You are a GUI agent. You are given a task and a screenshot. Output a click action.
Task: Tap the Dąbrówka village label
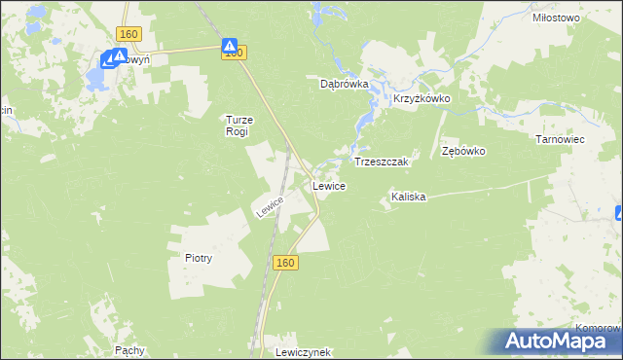click(x=345, y=84)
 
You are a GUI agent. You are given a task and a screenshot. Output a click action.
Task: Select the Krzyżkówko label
click(x=421, y=99)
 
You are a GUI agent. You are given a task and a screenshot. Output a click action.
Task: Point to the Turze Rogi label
click(x=238, y=125)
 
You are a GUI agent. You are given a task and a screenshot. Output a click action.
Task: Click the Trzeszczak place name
click(x=385, y=161)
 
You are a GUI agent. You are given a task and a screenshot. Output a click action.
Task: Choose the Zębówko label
click(x=463, y=152)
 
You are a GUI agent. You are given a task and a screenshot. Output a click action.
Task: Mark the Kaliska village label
click(x=409, y=197)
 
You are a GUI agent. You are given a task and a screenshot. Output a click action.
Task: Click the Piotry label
click(x=199, y=258)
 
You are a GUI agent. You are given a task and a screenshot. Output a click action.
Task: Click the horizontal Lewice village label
click(x=327, y=185)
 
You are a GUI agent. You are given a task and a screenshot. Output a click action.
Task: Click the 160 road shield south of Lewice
click(x=284, y=263)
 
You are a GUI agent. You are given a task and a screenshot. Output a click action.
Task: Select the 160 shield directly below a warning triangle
click(x=232, y=54)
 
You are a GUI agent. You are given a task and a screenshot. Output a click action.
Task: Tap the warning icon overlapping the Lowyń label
click(x=119, y=57)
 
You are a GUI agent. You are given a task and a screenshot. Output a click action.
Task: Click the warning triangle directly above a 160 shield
click(x=230, y=45)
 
